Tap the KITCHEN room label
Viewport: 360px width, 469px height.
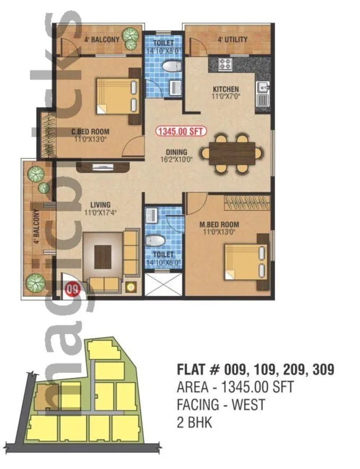226,89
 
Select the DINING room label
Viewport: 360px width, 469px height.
176,153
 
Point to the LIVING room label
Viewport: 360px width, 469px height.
100,205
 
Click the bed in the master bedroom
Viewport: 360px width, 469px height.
244,261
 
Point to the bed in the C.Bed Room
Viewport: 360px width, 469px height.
118,96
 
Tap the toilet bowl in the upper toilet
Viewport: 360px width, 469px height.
171,67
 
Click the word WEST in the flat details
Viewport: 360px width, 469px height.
247,405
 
